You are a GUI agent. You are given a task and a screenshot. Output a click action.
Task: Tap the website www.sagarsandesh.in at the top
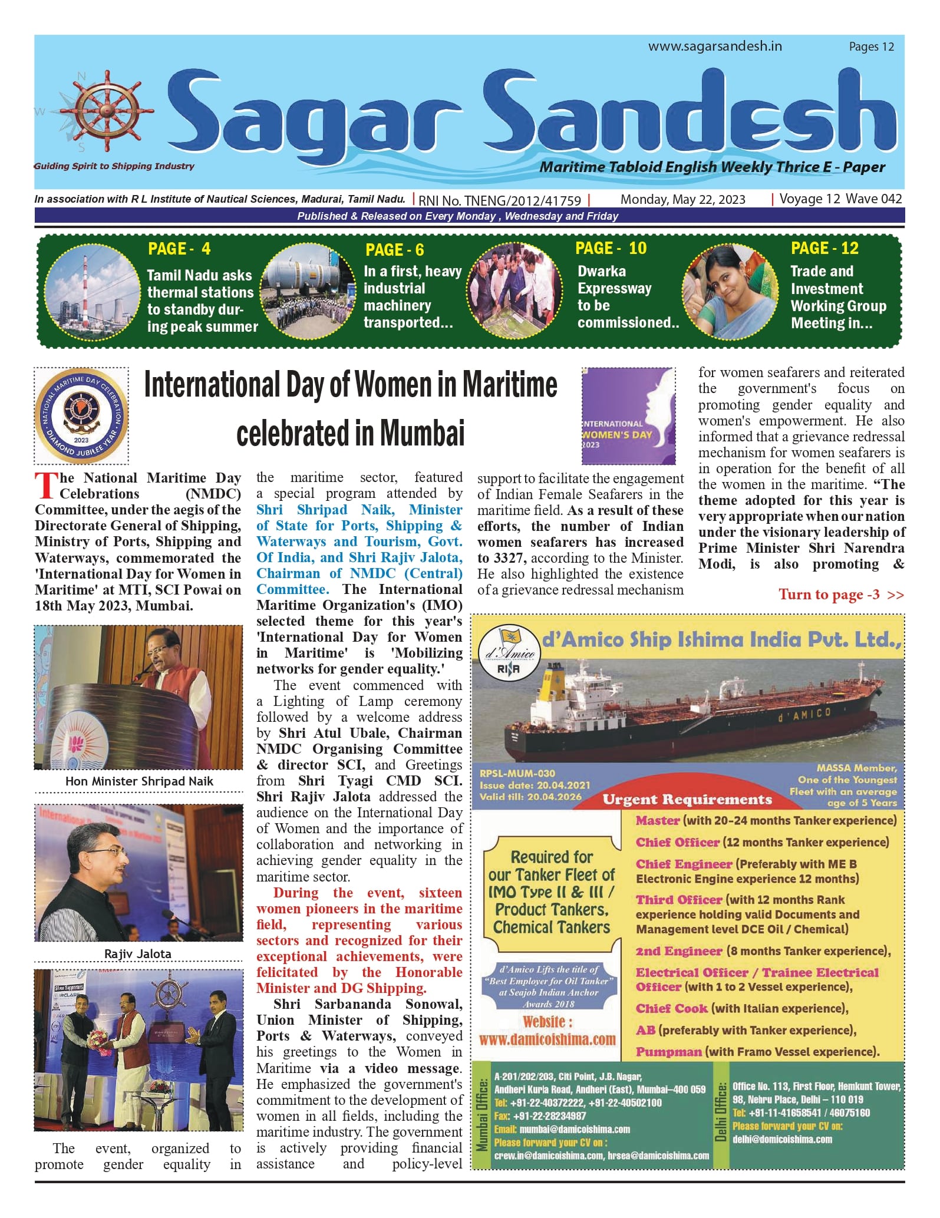click(x=715, y=47)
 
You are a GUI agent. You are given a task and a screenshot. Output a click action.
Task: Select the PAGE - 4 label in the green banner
click(x=179, y=249)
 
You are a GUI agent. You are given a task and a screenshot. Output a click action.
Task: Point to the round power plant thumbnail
click(x=92, y=292)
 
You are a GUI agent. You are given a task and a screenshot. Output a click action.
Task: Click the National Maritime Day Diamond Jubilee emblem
click(x=81, y=415)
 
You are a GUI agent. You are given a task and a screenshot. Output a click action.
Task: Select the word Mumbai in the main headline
click(x=422, y=433)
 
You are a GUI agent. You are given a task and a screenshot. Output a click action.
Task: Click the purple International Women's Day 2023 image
click(x=628, y=415)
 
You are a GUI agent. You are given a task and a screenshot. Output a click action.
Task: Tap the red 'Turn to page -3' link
click(x=840, y=595)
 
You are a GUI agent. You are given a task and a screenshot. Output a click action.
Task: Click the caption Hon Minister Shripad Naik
click(x=139, y=781)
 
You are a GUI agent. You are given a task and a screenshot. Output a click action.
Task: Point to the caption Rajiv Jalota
click(x=138, y=954)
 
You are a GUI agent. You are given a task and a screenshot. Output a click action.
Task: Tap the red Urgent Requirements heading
click(x=687, y=800)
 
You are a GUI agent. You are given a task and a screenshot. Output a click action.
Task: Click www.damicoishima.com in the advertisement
click(x=547, y=1040)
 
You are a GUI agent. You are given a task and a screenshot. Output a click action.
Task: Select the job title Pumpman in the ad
click(x=668, y=1052)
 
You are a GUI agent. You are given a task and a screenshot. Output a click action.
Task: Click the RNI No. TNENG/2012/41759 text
click(x=500, y=200)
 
